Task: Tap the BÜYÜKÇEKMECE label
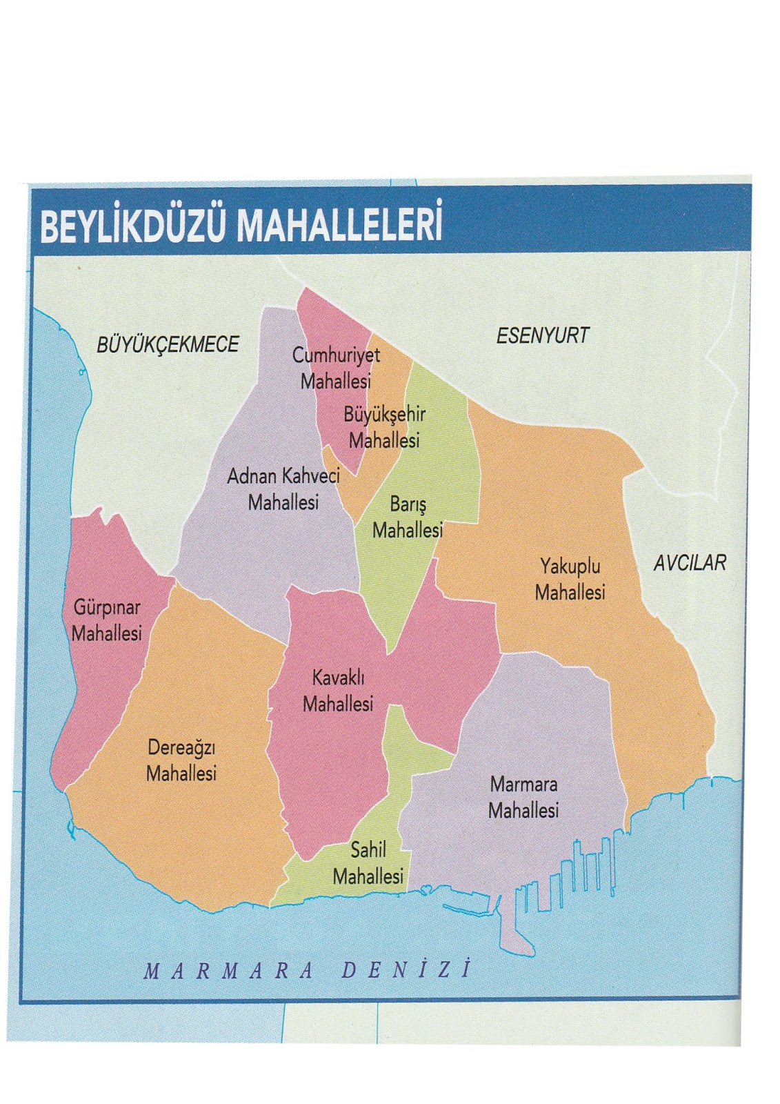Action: pos(168,344)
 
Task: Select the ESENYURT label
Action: pos(543,336)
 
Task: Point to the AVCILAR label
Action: pos(690,563)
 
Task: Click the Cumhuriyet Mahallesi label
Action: pos(336,368)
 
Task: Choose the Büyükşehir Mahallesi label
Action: pos(384,427)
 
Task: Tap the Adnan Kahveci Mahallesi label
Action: pos(283,489)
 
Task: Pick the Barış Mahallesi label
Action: pos(407,517)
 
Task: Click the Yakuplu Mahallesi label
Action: pos(570,580)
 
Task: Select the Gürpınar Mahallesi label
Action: pos(107,620)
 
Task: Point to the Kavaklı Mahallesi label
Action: pos(338,691)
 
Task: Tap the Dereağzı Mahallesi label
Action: pos(182,760)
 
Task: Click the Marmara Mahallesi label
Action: pos(523,797)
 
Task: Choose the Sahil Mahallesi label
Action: pos(368,862)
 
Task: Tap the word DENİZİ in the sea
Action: pos(407,970)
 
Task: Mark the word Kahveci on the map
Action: pos(310,475)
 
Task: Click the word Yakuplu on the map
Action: pos(570,566)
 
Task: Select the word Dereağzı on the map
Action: pos(182,747)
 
